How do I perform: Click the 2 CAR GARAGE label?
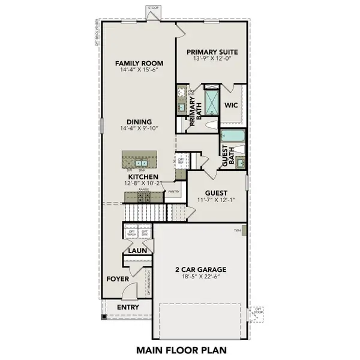pyautogui.click(x=203, y=269)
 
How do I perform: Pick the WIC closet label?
pyautogui.click(x=232, y=106)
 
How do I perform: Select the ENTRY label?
pyautogui.click(x=127, y=307)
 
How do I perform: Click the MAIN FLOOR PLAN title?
pyautogui.click(x=179, y=349)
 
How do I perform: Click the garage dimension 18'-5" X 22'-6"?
pyautogui.click(x=203, y=278)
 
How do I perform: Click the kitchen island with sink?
pyautogui.click(x=139, y=160)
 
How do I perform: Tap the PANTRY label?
pyautogui.click(x=173, y=191)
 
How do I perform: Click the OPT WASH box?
pyautogui.click(x=131, y=233)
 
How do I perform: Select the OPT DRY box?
pyautogui.click(x=144, y=233)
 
